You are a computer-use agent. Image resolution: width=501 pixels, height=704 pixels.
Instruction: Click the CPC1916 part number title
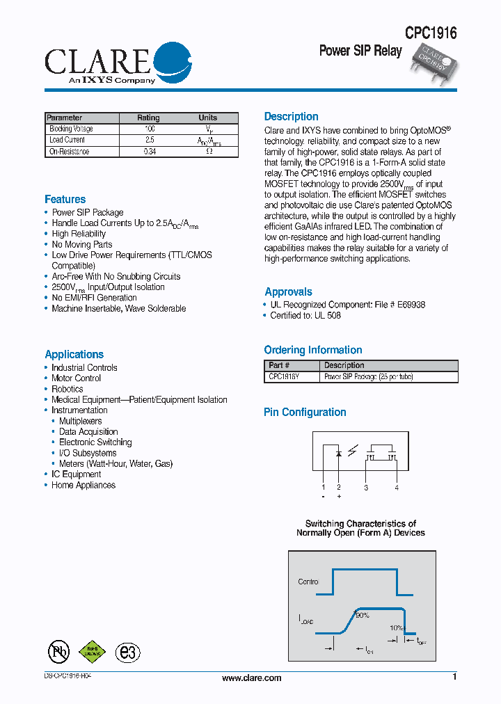(x=431, y=33)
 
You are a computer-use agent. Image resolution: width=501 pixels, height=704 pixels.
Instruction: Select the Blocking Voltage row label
(x=71, y=129)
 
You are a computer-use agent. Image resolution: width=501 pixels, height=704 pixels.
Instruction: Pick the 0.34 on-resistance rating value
(x=149, y=151)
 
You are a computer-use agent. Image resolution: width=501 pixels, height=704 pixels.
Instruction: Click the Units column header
(x=207, y=118)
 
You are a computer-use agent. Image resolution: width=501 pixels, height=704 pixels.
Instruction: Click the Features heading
(x=65, y=200)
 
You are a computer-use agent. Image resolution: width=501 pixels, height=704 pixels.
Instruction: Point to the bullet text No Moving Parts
(x=81, y=244)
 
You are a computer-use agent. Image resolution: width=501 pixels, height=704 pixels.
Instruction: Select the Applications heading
(x=74, y=354)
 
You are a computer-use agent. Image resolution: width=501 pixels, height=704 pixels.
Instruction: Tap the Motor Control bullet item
(x=76, y=378)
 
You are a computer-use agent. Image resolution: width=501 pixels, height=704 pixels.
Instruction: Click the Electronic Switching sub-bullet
(x=95, y=442)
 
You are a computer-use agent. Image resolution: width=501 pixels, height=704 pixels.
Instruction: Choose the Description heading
(x=291, y=117)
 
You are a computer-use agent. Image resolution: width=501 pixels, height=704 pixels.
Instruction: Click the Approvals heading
(x=288, y=292)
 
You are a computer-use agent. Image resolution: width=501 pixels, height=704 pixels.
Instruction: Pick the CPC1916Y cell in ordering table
(x=284, y=376)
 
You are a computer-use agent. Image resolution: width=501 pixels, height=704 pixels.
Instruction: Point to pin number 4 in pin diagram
(x=397, y=488)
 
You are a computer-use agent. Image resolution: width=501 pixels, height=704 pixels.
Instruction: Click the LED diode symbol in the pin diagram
(x=339, y=454)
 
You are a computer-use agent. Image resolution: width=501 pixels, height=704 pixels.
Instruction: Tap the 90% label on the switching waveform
(x=362, y=615)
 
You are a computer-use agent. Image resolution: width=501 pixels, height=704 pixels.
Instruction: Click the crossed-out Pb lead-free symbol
(x=58, y=651)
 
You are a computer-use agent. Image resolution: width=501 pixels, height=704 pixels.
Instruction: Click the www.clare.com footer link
(x=251, y=678)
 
